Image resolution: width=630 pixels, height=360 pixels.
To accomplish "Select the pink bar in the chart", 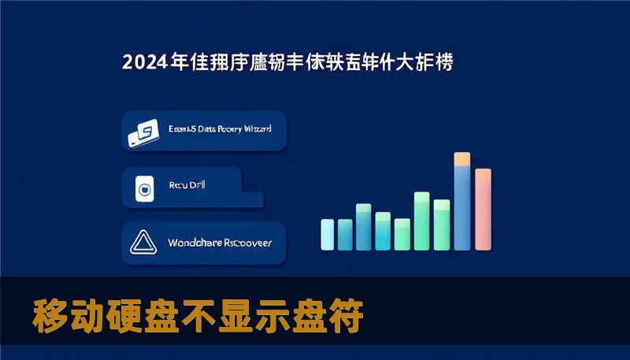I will pyautogui.click(x=483, y=209).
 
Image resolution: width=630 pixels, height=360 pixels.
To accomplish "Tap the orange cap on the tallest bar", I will pyautogui.click(x=462, y=159).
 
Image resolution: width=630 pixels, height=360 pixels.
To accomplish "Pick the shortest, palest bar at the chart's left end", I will pyautogui.click(x=328, y=234).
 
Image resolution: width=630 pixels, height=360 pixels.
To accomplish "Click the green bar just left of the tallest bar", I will pyautogui.click(x=442, y=224).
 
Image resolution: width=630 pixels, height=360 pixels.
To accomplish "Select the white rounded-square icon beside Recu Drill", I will pyautogui.click(x=144, y=188).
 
